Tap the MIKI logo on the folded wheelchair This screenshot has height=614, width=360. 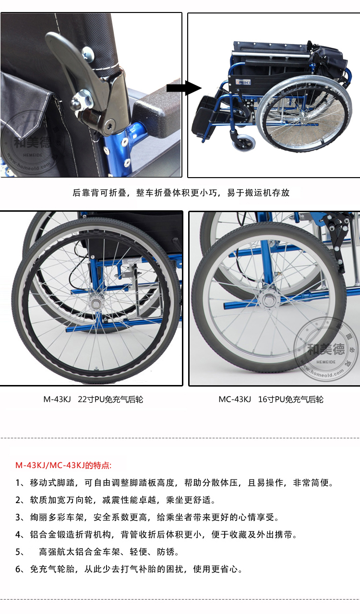click(243, 82)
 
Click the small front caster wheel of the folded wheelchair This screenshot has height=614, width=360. click(244, 143)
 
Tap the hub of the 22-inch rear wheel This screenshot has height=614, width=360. click(96, 303)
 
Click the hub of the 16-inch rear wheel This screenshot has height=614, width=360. click(269, 300)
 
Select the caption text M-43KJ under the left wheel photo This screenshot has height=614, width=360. click(57, 399)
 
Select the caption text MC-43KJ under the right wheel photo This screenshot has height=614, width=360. click(235, 399)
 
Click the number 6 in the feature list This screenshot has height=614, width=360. click(18, 569)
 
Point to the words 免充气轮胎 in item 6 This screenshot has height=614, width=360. click(52, 569)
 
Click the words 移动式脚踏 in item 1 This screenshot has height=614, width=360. click(52, 482)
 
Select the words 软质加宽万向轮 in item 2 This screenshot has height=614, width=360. click(61, 500)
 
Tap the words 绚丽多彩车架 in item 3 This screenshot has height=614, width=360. click(57, 517)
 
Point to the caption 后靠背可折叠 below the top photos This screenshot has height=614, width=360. click(99, 193)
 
